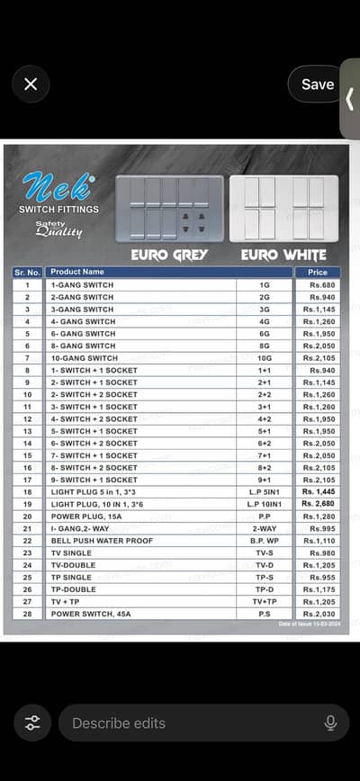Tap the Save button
point(318,84)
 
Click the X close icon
point(31,84)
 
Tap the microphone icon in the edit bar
point(330,723)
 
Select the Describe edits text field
point(189,723)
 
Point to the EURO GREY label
point(169,255)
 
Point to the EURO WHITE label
point(283,255)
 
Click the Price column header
point(318,272)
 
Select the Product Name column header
point(77,272)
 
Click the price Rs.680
point(322,284)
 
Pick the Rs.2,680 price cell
point(319,504)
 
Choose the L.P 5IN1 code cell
point(265,492)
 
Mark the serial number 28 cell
point(27,614)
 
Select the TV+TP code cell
point(265,602)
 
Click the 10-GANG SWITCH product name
point(84,358)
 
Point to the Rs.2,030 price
point(319,614)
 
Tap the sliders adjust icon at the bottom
point(33,723)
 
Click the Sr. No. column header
point(27,272)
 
